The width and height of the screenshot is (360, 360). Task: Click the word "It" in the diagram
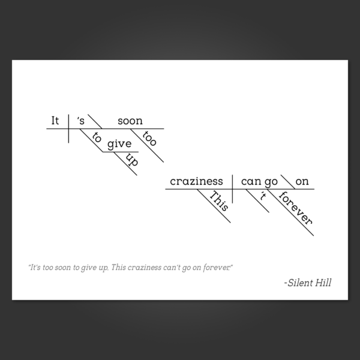click(55, 121)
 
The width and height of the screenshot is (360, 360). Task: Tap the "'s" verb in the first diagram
click(81, 121)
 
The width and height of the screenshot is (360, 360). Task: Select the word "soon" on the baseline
click(130, 121)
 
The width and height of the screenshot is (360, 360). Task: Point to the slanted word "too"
click(149, 138)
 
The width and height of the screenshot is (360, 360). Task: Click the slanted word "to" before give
click(97, 137)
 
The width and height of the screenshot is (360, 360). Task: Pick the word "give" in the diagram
click(119, 144)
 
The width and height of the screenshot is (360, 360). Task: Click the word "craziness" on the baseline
click(196, 181)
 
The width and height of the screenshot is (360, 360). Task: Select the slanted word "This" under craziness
click(219, 201)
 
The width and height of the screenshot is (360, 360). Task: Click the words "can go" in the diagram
click(259, 182)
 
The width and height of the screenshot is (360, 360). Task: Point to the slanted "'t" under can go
click(263, 196)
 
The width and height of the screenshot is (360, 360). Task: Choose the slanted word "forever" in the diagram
click(295, 208)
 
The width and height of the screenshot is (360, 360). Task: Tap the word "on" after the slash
click(302, 182)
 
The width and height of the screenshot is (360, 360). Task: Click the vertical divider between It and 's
click(68, 128)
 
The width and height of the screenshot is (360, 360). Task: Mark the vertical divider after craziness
click(232, 189)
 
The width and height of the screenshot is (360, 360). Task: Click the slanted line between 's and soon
click(95, 121)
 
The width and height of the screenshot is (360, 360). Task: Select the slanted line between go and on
click(288, 182)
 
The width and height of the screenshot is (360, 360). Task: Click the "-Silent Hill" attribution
click(308, 283)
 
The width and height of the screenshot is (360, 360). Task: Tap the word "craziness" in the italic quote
click(145, 268)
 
